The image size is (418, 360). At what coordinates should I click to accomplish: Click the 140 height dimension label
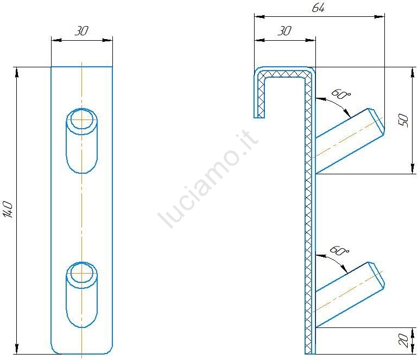point(9,210)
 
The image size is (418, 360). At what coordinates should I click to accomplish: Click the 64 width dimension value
point(318,8)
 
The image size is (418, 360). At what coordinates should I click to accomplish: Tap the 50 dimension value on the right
point(403,120)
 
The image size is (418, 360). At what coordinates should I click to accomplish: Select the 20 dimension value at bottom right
point(404,340)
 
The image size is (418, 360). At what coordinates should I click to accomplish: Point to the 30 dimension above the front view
point(81,31)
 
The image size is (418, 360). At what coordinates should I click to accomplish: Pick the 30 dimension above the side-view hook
point(284,31)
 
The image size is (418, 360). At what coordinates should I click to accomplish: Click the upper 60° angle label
point(341,94)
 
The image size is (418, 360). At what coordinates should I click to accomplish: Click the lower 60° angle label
point(339,251)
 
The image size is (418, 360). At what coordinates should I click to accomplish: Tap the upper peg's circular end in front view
point(81,120)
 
